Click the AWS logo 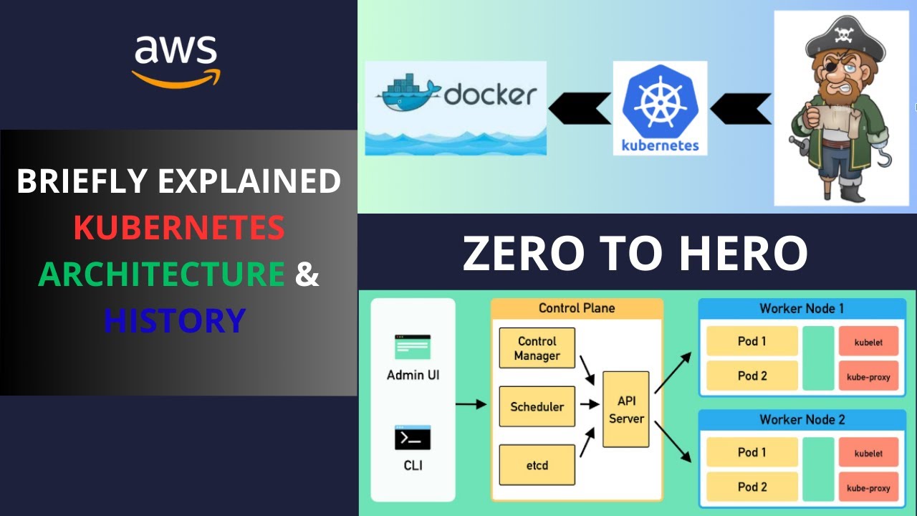click(176, 60)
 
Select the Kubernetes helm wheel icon click(660, 101)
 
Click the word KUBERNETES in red click(179, 228)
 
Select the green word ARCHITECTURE click(162, 274)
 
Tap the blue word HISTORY click(175, 320)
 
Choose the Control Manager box click(537, 348)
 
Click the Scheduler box click(537, 406)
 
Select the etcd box click(537, 465)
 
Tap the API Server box click(626, 409)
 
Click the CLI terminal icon click(413, 438)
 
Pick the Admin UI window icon click(413, 347)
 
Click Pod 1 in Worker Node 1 click(752, 341)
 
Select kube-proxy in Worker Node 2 click(868, 488)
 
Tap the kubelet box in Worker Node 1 click(868, 342)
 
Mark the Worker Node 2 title click(802, 419)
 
